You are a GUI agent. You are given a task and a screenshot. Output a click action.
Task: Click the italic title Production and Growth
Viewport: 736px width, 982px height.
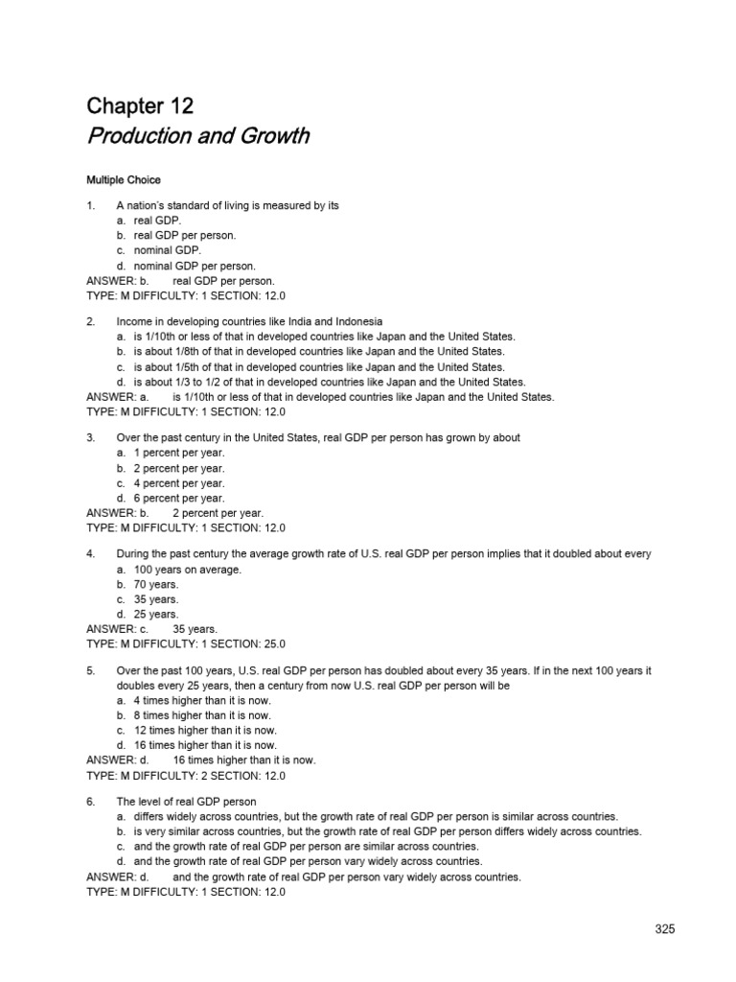coord(197,135)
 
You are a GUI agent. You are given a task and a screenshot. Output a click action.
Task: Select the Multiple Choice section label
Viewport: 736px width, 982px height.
coord(124,179)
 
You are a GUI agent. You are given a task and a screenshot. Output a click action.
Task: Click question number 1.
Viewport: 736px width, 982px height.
coord(90,205)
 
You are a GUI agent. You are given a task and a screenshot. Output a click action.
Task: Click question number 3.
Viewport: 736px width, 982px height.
coord(90,437)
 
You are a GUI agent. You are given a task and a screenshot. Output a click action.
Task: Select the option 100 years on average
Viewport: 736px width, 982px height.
coord(180,570)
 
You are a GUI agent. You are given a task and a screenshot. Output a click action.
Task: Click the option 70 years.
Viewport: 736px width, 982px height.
coord(149,584)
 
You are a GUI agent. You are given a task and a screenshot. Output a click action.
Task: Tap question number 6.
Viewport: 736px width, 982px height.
coord(90,801)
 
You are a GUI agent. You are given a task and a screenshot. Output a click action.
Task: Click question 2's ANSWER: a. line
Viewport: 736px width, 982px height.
coord(320,397)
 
